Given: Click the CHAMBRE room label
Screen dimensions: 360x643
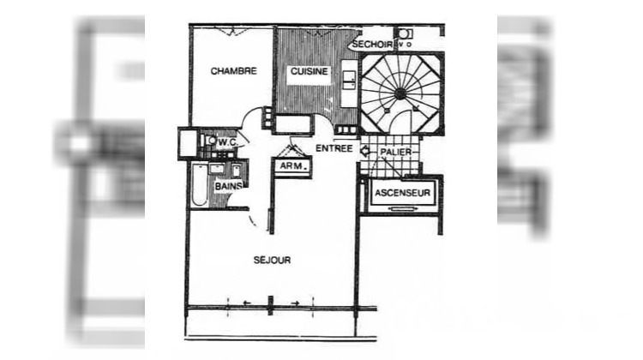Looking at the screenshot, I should tap(233, 71).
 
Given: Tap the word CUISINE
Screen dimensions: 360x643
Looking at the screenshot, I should tap(309, 71).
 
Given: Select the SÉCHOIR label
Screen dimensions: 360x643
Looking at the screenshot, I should tap(372, 44).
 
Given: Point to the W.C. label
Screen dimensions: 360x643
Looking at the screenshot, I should tap(227, 141).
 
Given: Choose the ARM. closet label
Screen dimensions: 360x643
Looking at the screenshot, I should tap(291, 166).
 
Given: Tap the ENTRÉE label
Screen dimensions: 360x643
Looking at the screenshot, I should tap(334, 148).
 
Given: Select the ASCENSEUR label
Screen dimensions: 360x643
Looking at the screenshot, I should tap(401, 194).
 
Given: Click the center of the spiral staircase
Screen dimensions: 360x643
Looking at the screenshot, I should tap(401, 94).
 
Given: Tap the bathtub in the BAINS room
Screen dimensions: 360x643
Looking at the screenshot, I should tap(199, 187).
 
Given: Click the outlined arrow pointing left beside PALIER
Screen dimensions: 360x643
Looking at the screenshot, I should tap(366, 151).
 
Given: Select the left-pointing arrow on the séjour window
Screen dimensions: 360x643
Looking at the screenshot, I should tap(246, 303).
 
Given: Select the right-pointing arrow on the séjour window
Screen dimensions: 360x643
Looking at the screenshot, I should tap(294, 303).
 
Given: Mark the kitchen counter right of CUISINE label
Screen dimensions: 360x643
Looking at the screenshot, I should tap(349, 78).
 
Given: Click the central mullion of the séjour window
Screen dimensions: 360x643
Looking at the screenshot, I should tap(270, 303).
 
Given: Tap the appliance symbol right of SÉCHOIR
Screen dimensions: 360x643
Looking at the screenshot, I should tap(403, 34).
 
